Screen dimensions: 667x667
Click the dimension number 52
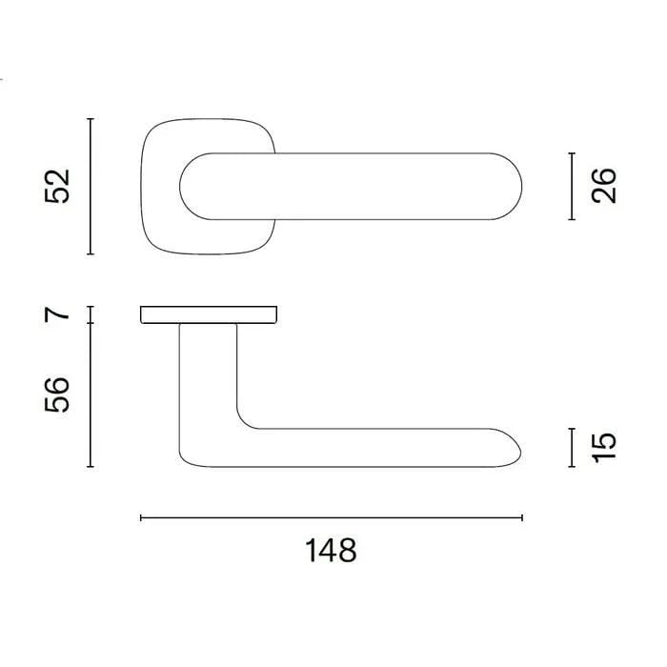click(57, 187)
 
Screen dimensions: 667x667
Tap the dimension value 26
click(603, 186)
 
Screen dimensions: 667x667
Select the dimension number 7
click(57, 314)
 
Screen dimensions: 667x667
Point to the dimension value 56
click(57, 394)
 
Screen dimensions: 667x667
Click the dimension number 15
click(603, 447)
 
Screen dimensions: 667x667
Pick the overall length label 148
click(331, 551)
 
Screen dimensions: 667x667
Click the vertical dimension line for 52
click(91, 187)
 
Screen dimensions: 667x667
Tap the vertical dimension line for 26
click(572, 187)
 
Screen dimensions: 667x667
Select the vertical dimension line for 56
click(91, 394)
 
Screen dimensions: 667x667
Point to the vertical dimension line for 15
click(572, 448)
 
